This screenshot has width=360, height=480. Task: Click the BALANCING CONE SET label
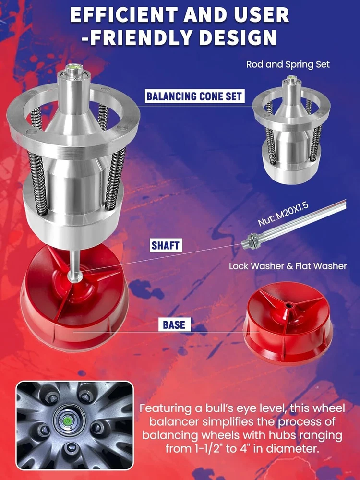(195, 96)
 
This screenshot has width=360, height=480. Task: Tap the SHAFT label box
(166, 245)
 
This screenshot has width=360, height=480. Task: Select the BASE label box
(174, 324)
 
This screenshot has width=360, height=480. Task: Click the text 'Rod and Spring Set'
(288, 65)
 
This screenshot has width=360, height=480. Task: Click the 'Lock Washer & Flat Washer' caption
(288, 266)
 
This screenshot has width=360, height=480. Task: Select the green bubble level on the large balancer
(74, 66)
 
